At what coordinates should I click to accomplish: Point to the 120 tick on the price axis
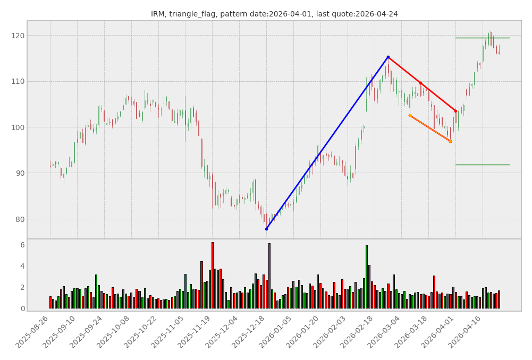pos(17,36)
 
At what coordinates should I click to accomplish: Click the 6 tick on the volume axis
pos(22,245)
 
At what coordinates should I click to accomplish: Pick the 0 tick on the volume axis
pos(22,308)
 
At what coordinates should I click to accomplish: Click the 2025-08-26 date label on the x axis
pos(33,332)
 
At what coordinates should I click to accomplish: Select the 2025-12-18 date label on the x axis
pos(250,332)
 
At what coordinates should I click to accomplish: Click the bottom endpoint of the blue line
pos(266,229)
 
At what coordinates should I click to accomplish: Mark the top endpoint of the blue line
pos(388,57)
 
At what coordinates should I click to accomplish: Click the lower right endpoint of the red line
pos(455,111)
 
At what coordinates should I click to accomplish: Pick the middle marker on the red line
pos(420,83)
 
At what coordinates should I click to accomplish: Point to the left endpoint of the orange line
pos(410,115)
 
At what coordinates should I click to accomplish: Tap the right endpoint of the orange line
pos(450,141)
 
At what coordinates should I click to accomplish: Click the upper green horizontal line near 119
pos(482,38)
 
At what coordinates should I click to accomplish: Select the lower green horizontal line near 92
pos(482,165)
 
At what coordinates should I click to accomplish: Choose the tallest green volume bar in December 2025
pos(269,276)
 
